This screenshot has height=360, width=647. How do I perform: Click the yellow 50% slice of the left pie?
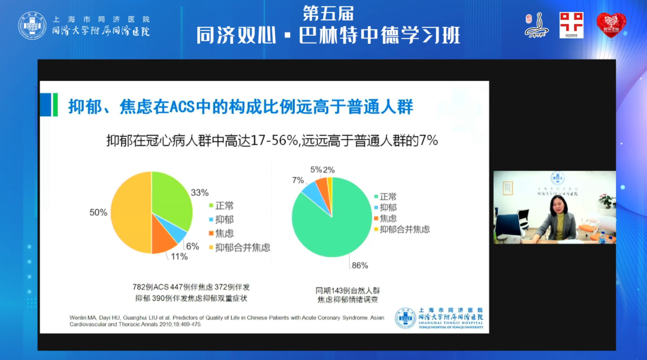pos(129,213)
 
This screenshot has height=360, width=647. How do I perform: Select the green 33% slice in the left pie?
pos(174,195)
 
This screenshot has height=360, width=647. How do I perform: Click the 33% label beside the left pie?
pos(199,193)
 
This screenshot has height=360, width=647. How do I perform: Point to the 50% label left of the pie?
pos(98,213)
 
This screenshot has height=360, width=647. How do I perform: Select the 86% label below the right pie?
pos(359,265)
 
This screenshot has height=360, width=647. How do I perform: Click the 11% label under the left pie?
pos(179,256)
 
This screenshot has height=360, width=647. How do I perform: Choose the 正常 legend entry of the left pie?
pos(224,206)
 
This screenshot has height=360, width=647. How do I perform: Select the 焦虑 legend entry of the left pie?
pos(224,234)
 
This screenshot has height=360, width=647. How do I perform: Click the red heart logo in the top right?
pos(610,25)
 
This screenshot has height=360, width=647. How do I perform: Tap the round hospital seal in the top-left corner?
pos(32,26)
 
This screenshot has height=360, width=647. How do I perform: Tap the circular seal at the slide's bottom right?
pos(406,318)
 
